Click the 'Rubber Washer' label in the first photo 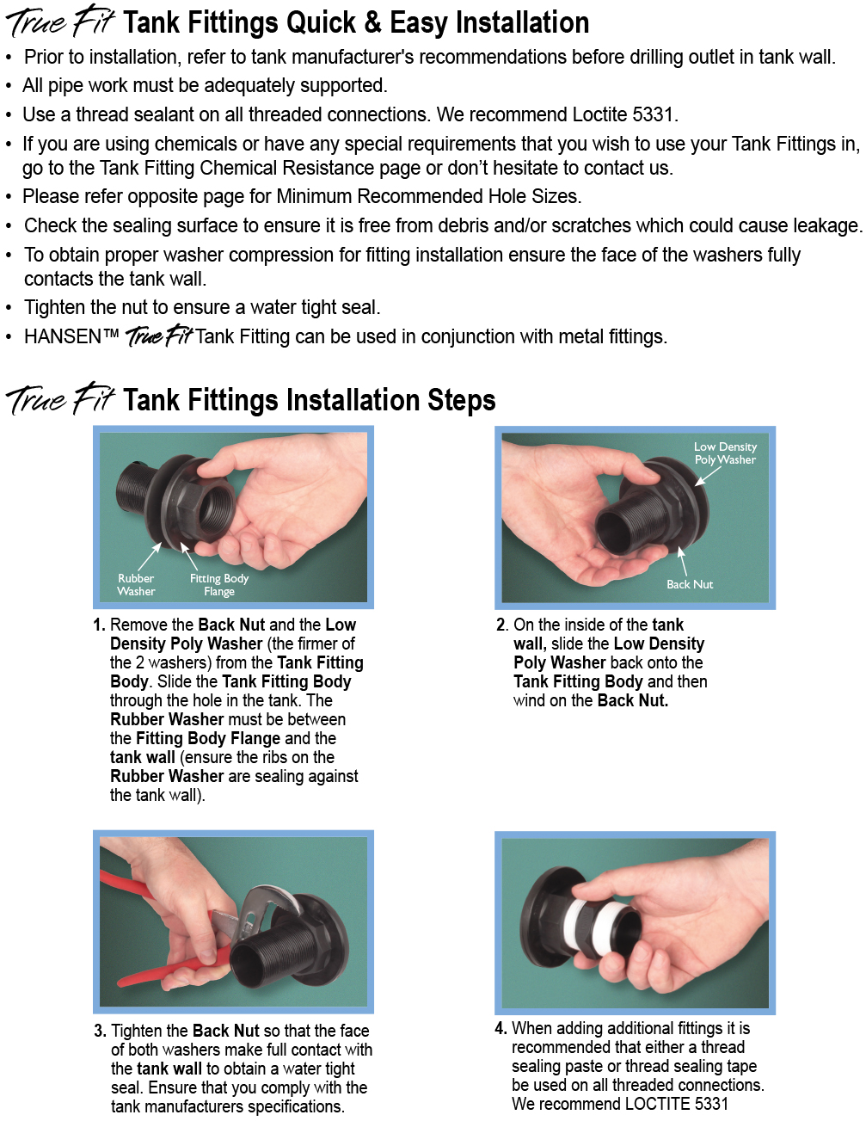click(136, 584)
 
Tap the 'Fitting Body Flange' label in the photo click(219, 584)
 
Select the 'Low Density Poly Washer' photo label click(725, 453)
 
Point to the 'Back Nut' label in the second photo click(690, 584)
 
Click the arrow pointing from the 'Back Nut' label click(683, 561)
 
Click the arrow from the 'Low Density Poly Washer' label click(707, 475)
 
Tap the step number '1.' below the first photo click(100, 625)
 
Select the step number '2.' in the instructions click(502, 625)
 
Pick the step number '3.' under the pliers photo click(101, 1031)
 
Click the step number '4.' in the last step click(501, 1028)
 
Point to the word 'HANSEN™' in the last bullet click(71, 336)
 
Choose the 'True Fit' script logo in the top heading click(60, 22)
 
